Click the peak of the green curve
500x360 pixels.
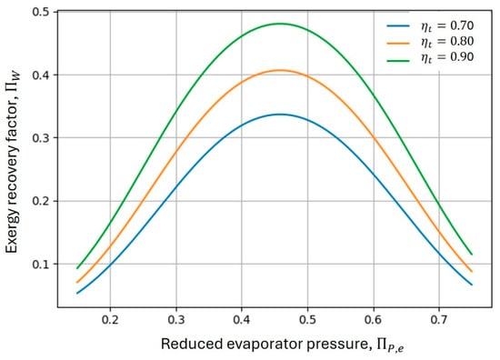point(280,24)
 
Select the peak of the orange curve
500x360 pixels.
point(280,70)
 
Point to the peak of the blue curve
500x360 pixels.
point(280,115)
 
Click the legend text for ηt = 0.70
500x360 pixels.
point(447,25)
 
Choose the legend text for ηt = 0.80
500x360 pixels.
point(447,42)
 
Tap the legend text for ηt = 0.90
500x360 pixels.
point(447,57)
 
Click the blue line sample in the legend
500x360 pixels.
point(398,25)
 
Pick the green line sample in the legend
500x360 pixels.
point(398,60)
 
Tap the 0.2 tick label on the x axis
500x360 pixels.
point(110,319)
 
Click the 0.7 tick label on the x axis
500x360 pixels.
point(439,319)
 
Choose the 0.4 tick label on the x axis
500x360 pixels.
point(242,319)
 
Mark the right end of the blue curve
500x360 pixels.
point(472,285)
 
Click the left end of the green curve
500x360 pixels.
point(77,268)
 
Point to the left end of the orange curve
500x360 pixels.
point(77,282)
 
